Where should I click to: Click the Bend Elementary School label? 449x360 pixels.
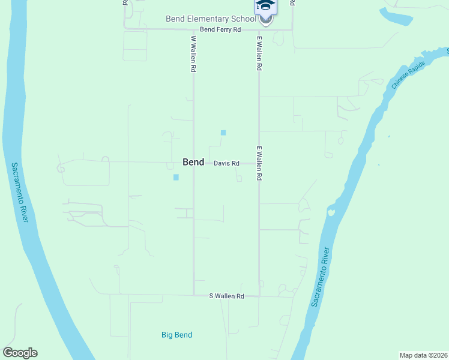pyautogui.click(x=210, y=19)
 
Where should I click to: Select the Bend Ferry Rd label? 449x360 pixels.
pyautogui.click(x=220, y=29)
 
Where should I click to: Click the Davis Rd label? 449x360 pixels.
pyautogui.click(x=227, y=163)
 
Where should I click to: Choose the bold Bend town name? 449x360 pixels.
pyautogui.click(x=193, y=163)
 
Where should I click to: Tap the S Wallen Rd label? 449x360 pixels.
pyautogui.click(x=226, y=296)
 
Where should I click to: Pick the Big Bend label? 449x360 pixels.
pyautogui.click(x=176, y=335)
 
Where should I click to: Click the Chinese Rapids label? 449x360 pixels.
pyautogui.click(x=408, y=74)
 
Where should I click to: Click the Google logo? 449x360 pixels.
pyautogui.click(x=20, y=353)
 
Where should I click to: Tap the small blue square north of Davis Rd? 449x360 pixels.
pyautogui.click(x=223, y=133)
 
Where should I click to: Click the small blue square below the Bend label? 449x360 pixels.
pyautogui.click(x=176, y=177)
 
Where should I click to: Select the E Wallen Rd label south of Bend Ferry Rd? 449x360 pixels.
pyautogui.click(x=259, y=54)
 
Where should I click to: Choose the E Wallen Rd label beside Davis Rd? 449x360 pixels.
pyautogui.click(x=259, y=163)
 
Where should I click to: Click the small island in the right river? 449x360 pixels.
pyautogui.click(x=330, y=212)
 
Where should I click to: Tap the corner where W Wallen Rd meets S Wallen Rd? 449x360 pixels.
pyautogui.click(x=193, y=295)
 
